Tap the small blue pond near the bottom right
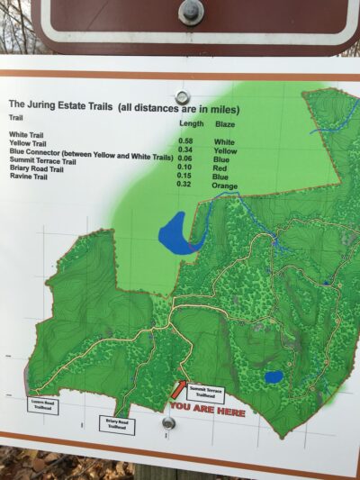[x=274, y=376]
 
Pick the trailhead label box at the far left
[x=43, y=405]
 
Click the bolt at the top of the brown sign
[x=191, y=11]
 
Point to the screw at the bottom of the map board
[x=168, y=422]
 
